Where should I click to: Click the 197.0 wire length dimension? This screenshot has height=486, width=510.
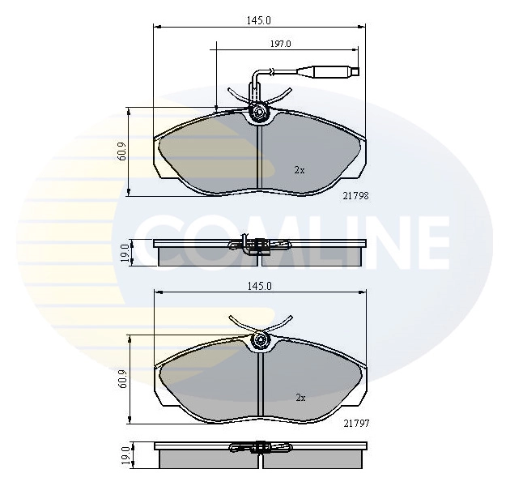280,44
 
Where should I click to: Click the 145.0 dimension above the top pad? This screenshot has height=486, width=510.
258,20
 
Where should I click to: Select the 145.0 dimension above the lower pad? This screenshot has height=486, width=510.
258,286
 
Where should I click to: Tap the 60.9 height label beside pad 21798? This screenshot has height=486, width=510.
122,151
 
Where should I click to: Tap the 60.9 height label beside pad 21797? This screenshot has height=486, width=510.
122,380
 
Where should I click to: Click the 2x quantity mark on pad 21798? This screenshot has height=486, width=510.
299,170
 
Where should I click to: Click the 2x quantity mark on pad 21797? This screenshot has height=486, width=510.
299,398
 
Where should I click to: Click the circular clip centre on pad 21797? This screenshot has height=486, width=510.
259,340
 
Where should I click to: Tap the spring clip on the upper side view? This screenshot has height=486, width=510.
256,245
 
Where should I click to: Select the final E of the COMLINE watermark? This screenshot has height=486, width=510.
429,241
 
